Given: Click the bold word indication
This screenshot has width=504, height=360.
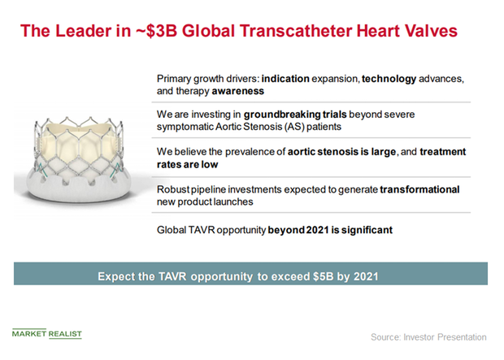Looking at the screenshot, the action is click(x=285, y=79).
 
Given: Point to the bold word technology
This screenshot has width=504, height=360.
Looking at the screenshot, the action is click(x=389, y=79).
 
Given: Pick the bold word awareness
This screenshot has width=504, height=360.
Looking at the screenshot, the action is click(x=238, y=91).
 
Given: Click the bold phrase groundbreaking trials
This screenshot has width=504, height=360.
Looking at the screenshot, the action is click(x=295, y=115).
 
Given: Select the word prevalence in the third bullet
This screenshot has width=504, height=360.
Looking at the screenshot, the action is click(x=250, y=152).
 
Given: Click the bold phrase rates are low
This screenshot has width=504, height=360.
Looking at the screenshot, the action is click(x=188, y=165).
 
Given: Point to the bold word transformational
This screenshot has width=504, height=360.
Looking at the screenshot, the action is click(x=419, y=189).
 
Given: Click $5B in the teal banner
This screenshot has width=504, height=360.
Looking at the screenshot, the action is click(x=323, y=276).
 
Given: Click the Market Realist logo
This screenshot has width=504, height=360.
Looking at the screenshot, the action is click(x=47, y=334).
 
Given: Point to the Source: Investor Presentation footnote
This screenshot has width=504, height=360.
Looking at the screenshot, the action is click(x=428, y=337).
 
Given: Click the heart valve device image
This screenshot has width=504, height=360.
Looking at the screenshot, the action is click(x=78, y=160).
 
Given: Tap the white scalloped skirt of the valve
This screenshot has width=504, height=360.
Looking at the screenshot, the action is click(x=78, y=189).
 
